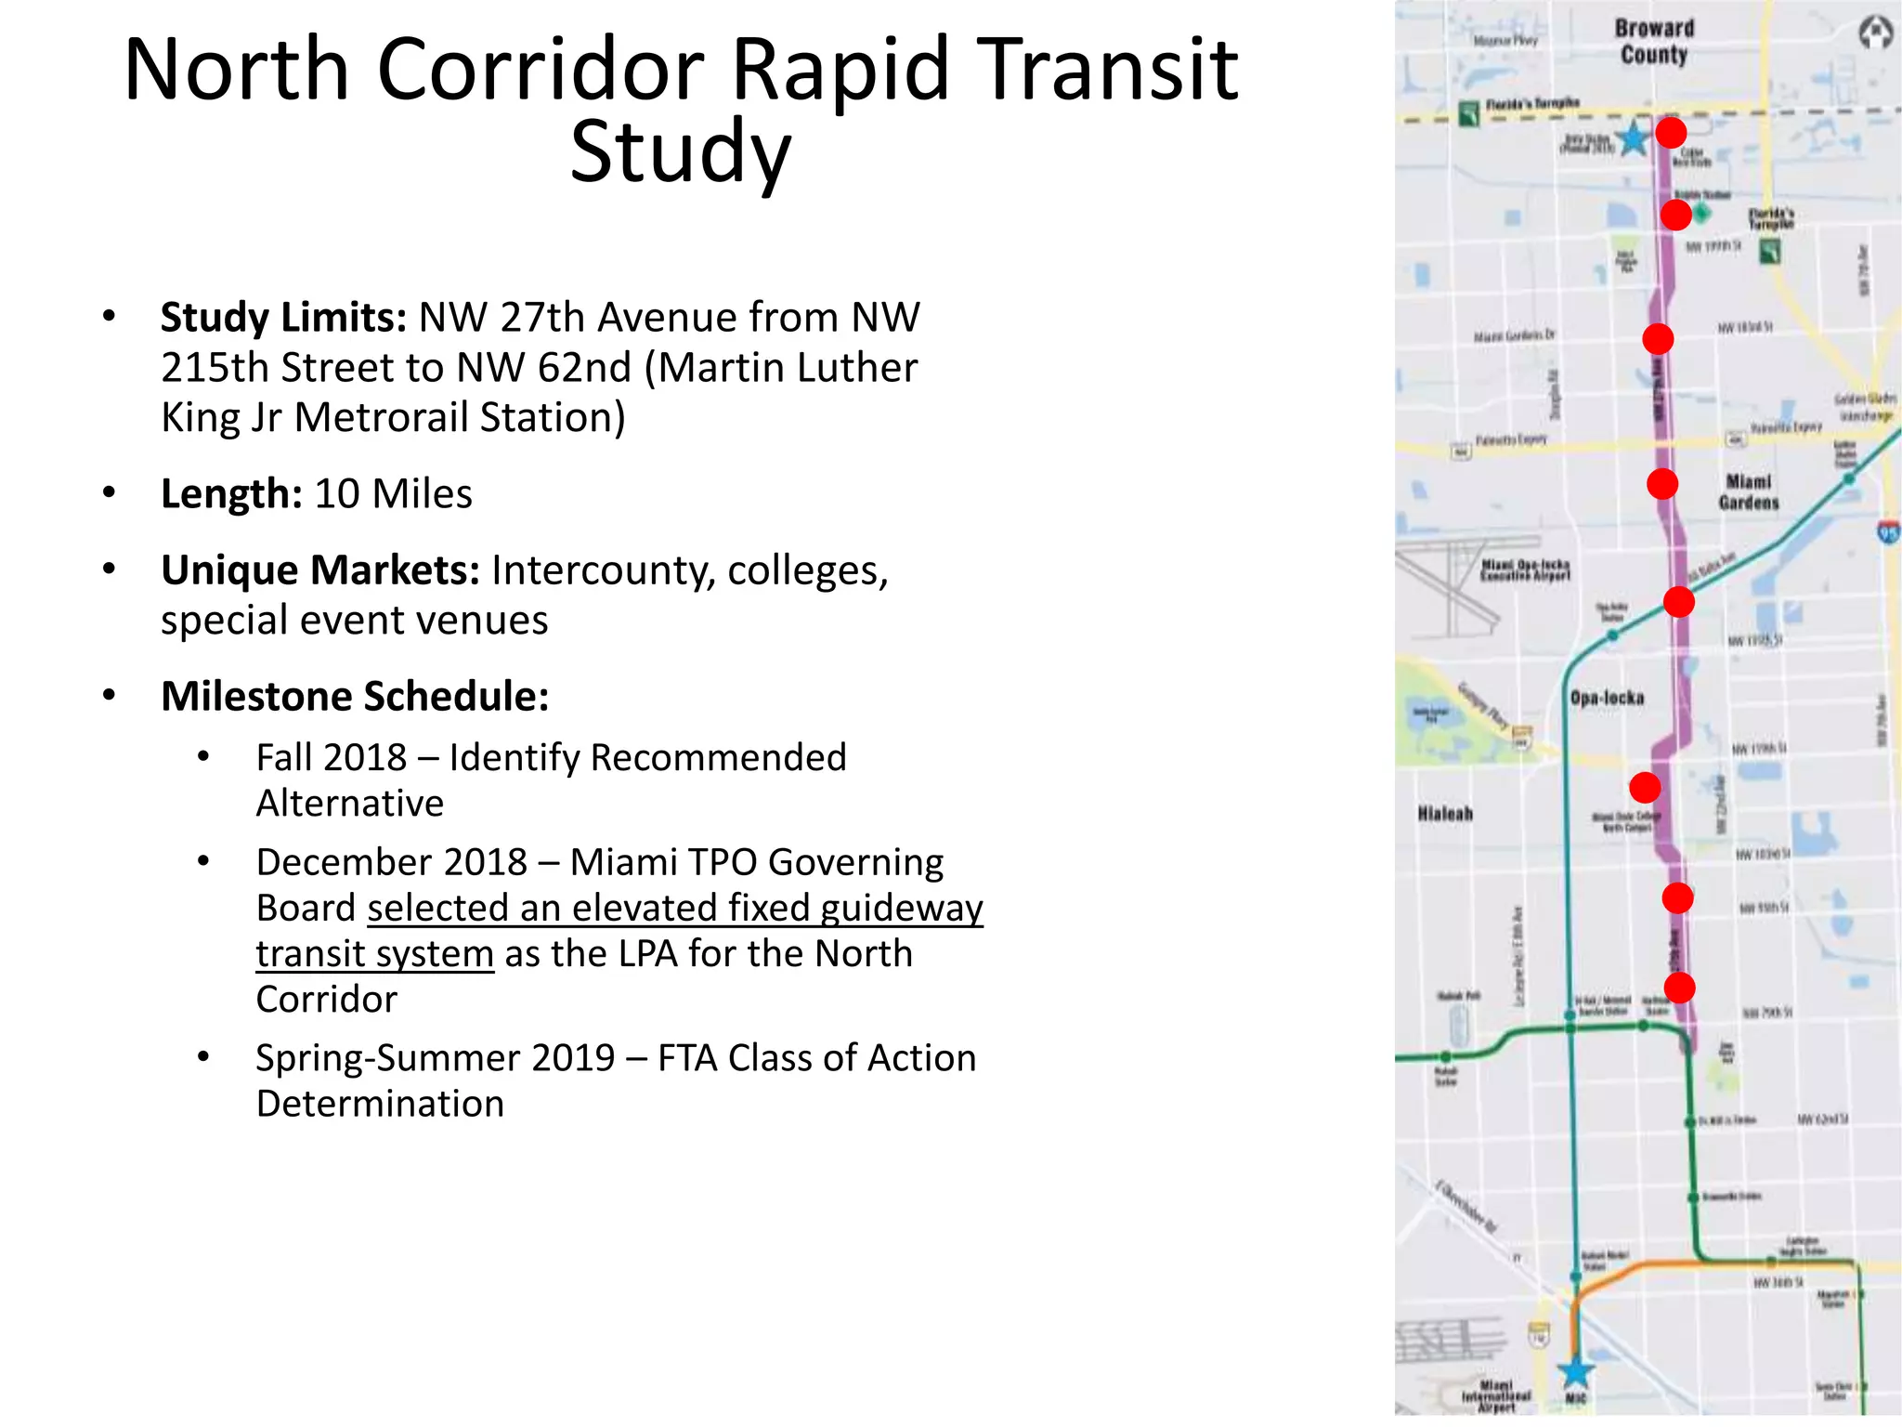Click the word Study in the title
tap(680, 151)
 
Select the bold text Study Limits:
tap(283, 318)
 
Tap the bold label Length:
tap(231, 494)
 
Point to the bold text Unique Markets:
tap(320, 570)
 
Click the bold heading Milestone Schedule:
tap(355, 697)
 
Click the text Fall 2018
tap(331, 758)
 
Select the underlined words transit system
tap(374, 954)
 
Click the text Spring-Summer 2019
tap(435, 1058)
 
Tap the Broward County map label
tap(1654, 42)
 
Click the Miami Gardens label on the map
tap(1749, 492)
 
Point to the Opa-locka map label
tap(1607, 698)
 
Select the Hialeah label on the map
tap(1445, 814)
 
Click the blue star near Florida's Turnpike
tap(1632, 139)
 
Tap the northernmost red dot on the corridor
tap(1671, 133)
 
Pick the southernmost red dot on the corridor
tap(1679, 987)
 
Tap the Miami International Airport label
tap(1495, 1396)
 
